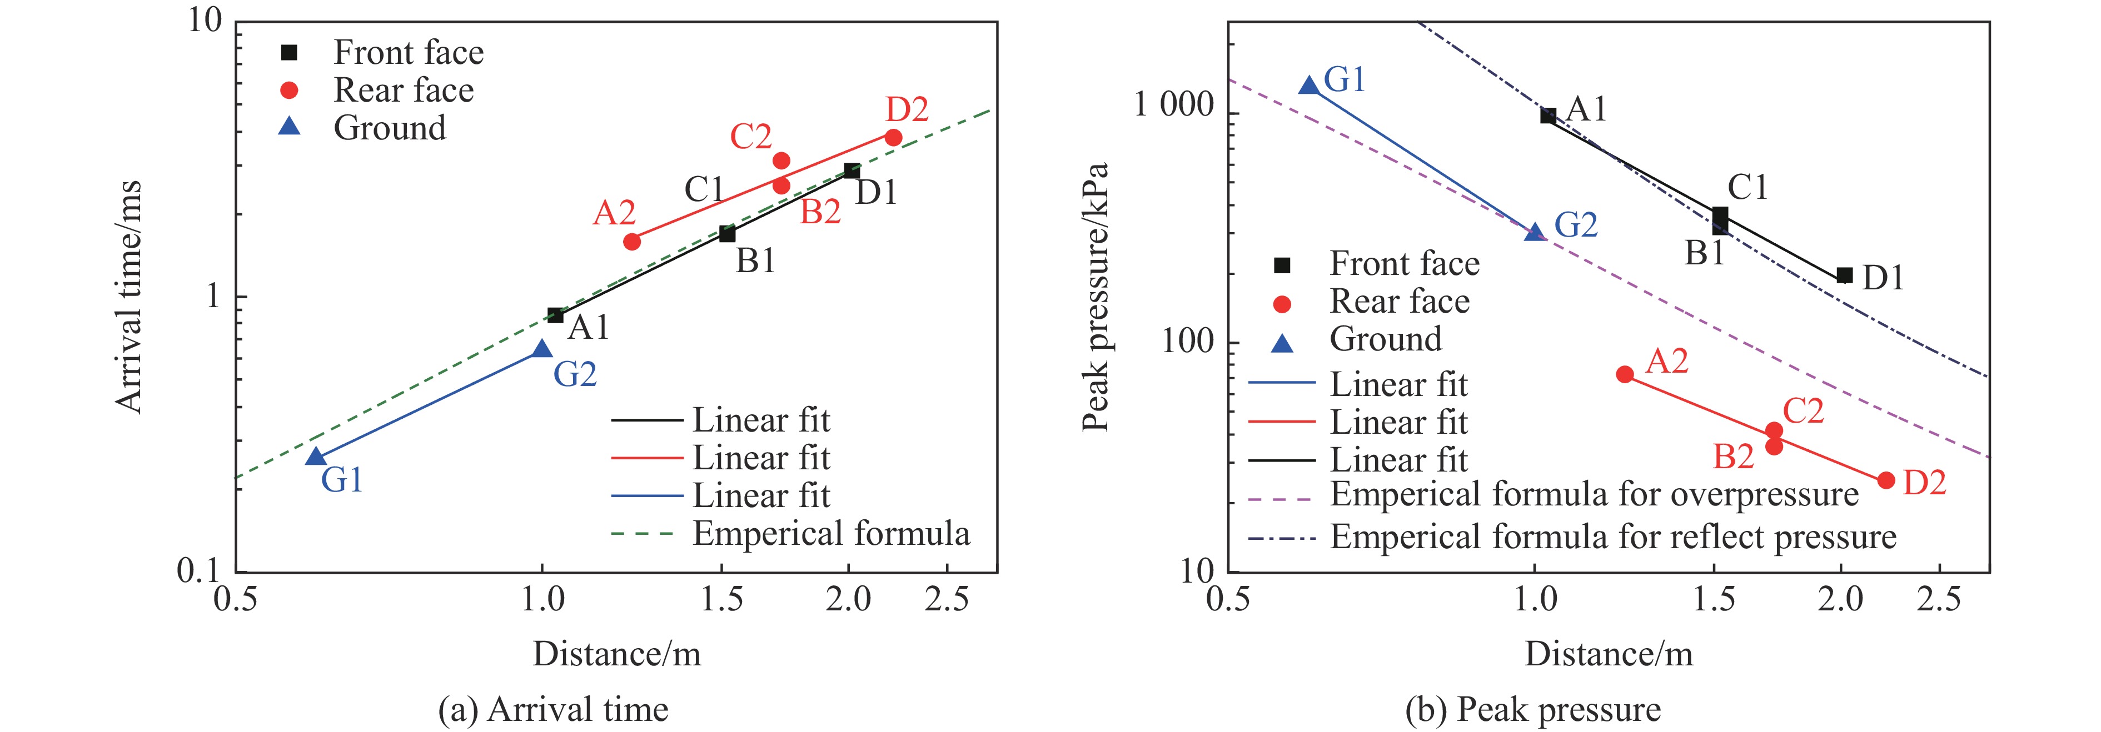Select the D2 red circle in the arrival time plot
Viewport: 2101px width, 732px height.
(x=893, y=138)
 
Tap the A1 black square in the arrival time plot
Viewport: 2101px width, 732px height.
(x=555, y=315)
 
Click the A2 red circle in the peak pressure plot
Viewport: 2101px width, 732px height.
(x=1625, y=374)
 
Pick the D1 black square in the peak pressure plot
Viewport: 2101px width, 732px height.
(x=1844, y=275)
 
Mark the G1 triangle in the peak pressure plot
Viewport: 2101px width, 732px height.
(x=1309, y=86)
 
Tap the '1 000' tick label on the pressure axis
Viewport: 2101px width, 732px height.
(x=1174, y=106)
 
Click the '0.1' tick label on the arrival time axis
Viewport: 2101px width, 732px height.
(x=199, y=570)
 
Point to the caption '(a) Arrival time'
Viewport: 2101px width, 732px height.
(x=553, y=709)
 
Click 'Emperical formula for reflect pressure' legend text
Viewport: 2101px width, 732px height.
(x=1612, y=537)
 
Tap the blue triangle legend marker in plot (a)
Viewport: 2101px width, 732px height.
(x=290, y=127)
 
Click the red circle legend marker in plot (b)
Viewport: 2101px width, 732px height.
(x=1282, y=304)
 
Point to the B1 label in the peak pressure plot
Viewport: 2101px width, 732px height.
(x=1705, y=253)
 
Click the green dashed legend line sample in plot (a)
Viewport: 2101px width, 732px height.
(x=643, y=534)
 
